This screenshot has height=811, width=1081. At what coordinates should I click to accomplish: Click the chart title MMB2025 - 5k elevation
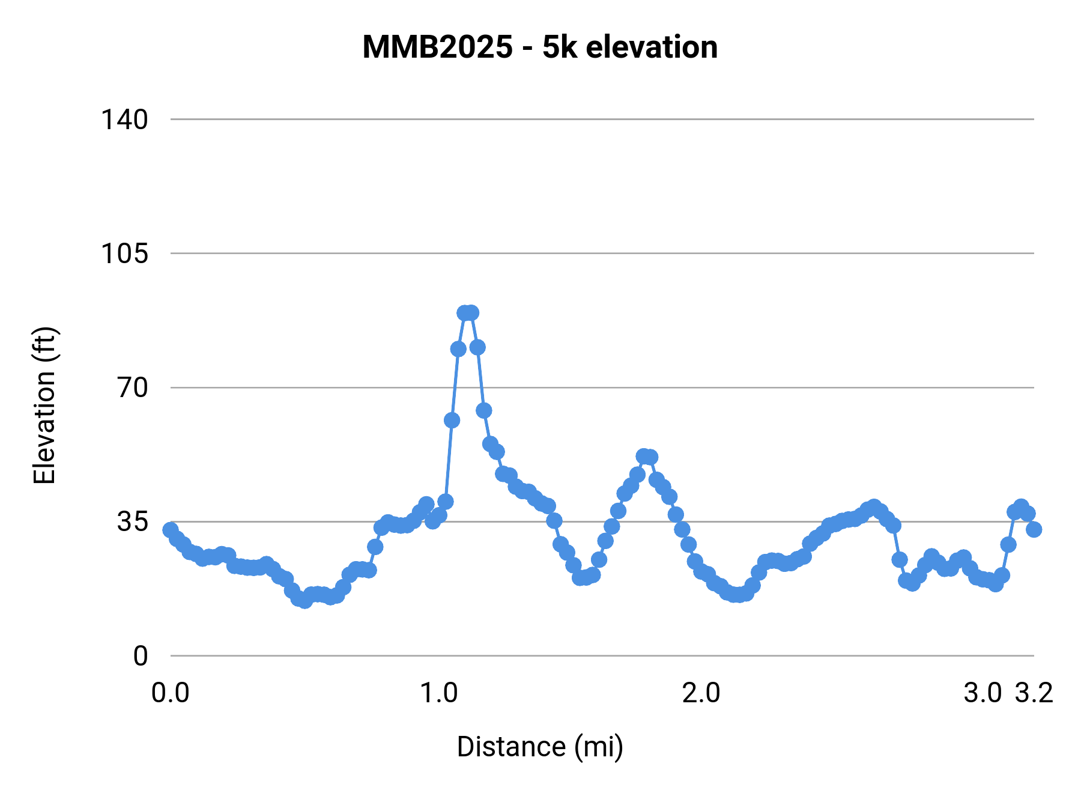[540, 47]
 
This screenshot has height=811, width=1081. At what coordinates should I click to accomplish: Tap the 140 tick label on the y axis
[124, 120]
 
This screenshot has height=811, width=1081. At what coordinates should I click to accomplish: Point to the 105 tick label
[124, 254]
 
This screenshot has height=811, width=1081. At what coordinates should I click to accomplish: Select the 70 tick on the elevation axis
[133, 387]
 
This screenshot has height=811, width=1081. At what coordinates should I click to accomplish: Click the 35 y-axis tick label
[133, 521]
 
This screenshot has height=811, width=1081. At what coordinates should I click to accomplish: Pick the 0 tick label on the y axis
[141, 656]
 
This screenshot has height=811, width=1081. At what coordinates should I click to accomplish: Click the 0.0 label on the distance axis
[171, 693]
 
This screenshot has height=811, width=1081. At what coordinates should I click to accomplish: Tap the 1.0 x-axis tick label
[439, 693]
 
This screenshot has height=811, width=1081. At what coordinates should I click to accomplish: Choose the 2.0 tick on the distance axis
[701, 693]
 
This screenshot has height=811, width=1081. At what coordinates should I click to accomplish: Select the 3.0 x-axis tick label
[983, 693]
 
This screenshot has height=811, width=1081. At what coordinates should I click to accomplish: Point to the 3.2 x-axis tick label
[1034, 693]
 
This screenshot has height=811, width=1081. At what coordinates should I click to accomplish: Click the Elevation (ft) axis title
[44, 405]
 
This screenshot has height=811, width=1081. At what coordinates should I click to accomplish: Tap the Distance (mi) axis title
[540, 747]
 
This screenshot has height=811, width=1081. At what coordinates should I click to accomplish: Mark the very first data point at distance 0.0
[171, 530]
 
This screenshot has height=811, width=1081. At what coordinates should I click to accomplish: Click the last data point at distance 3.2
[1034, 529]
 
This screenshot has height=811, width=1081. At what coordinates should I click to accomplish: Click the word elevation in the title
[652, 47]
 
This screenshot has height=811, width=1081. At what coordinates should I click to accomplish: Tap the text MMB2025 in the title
[438, 47]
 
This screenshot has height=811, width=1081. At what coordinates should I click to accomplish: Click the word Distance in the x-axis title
[511, 747]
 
